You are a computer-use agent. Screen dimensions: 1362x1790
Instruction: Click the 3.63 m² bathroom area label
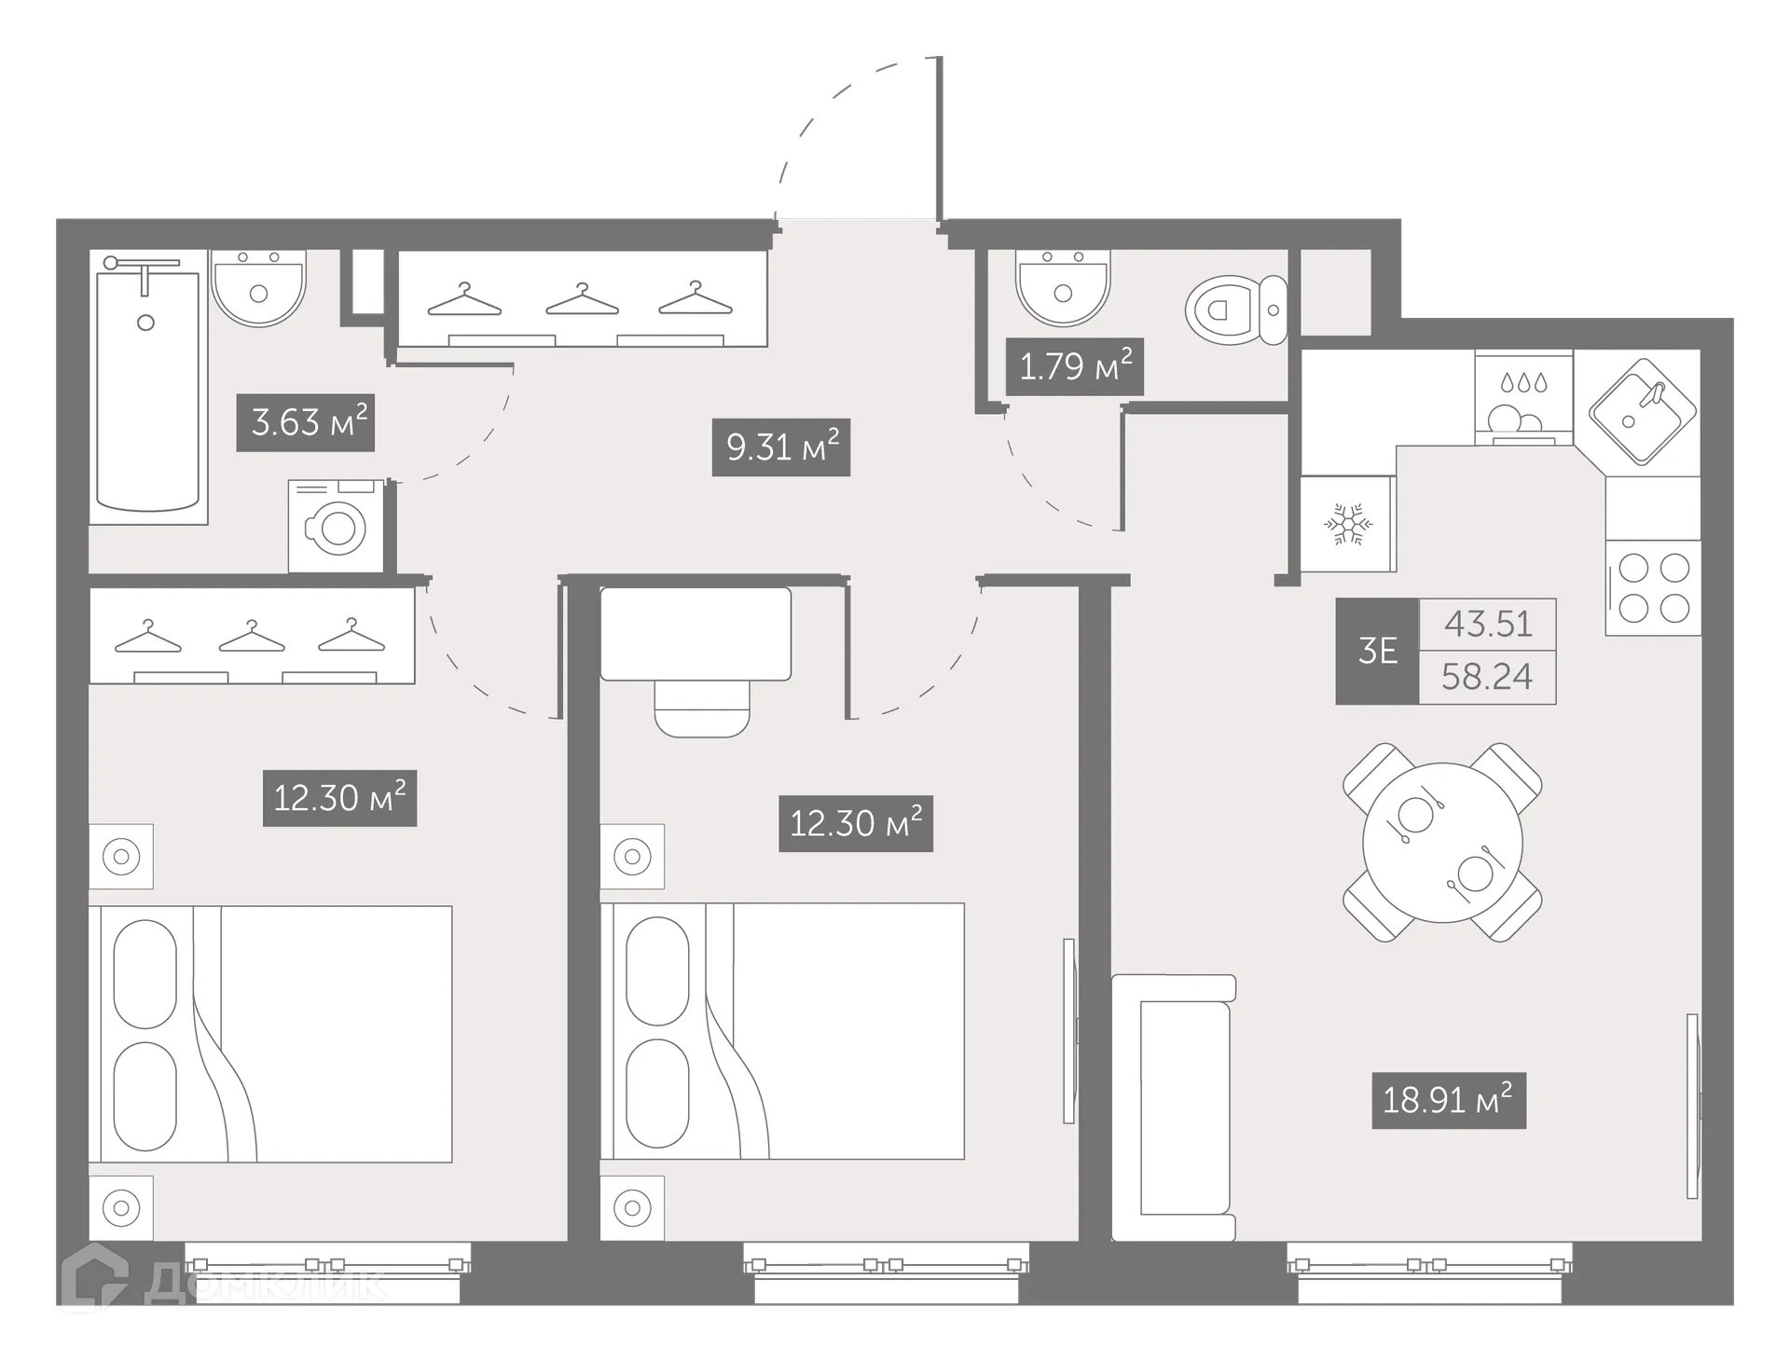click(306, 422)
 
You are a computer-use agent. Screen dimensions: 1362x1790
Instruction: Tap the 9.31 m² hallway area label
click(781, 447)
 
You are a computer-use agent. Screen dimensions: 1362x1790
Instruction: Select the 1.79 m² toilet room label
click(1075, 366)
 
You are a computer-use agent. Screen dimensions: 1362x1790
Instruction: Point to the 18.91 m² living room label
click(1448, 1100)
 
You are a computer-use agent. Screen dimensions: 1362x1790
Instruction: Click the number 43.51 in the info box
click(1488, 624)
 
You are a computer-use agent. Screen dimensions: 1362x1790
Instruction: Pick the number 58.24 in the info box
click(1487, 677)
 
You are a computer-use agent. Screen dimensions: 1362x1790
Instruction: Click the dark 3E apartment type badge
click(1377, 651)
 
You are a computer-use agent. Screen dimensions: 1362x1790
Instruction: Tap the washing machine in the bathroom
click(336, 527)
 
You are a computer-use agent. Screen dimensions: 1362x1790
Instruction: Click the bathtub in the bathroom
click(147, 392)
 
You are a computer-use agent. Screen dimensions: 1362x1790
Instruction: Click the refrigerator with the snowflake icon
click(1347, 525)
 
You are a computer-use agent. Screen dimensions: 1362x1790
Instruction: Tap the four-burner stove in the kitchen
click(1653, 588)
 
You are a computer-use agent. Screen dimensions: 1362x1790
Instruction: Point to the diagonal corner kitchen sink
click(1643, 411)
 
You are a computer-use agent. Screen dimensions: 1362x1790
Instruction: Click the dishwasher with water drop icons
click(1523, 397)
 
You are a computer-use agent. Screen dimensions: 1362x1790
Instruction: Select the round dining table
click(1442, 843)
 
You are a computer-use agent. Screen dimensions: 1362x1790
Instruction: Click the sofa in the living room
click(1175, 1107)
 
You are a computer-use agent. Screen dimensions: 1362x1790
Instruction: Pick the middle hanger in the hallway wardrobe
click(583, 300)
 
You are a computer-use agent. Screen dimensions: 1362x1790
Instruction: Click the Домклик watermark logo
click(224, 1284)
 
